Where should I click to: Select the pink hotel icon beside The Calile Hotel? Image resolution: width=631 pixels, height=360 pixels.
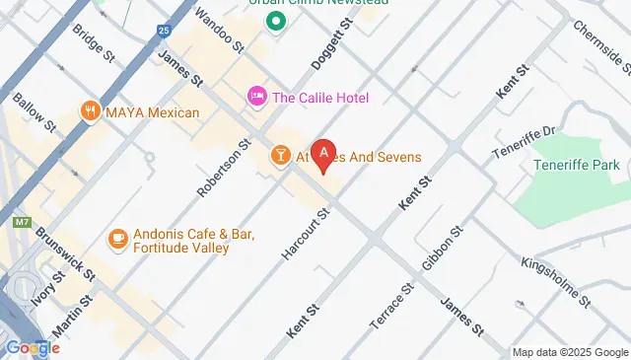(256, 97)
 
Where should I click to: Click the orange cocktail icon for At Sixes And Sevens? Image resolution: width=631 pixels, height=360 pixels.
(280, 157)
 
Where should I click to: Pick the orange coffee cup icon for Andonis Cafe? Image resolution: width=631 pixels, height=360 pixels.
(117, 239)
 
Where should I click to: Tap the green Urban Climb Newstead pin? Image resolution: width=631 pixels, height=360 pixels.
(277, 20)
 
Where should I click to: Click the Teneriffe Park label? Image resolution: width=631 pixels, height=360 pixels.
(583, 165)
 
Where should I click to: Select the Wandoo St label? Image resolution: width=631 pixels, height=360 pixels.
(218, 30)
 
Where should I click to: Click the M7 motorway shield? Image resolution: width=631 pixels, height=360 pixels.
(22, 223)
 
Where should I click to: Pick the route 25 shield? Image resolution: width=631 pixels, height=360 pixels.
(162, 31)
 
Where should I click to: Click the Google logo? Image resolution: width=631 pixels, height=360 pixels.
(33, 347)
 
